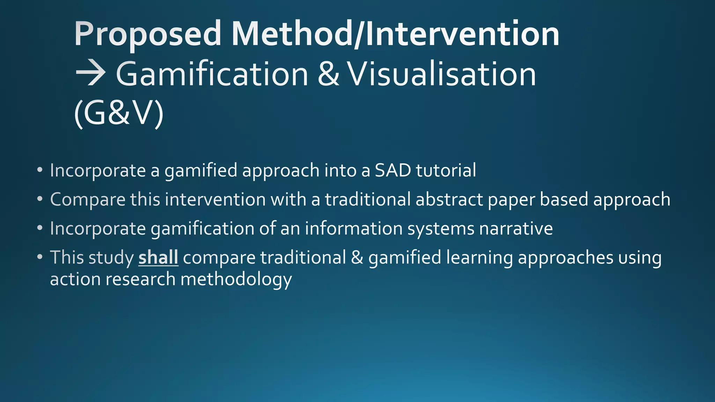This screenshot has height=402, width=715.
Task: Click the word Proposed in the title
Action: (x=147, y=34)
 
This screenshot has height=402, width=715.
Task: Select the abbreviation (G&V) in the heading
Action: (x=119, y=114)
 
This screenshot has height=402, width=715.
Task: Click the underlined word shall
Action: (x=158, y=258)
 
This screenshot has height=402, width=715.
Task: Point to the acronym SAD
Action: (x=392, y=170)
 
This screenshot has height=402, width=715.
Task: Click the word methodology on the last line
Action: (x=236, y=280)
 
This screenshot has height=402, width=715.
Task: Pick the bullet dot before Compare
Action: (x=40, y=199)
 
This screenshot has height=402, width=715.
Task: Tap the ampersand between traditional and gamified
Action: (x=357, y=258)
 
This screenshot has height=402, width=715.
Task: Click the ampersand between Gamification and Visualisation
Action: (x=328, y=74)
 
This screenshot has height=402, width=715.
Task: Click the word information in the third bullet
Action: (x=354, y=229)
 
